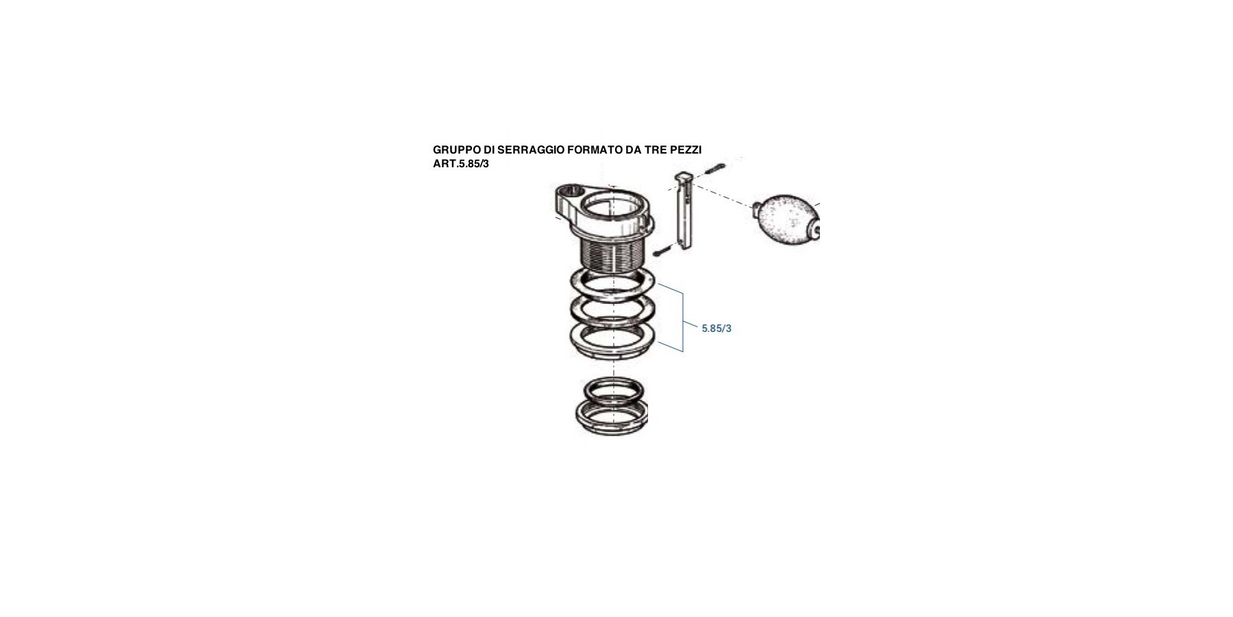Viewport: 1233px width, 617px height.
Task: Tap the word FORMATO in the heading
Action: [595, 150]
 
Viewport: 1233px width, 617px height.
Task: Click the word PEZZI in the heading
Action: [686, 150]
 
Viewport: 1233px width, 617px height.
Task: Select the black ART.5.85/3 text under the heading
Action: [461, 165]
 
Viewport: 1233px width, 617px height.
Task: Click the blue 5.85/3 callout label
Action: [717, 328]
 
